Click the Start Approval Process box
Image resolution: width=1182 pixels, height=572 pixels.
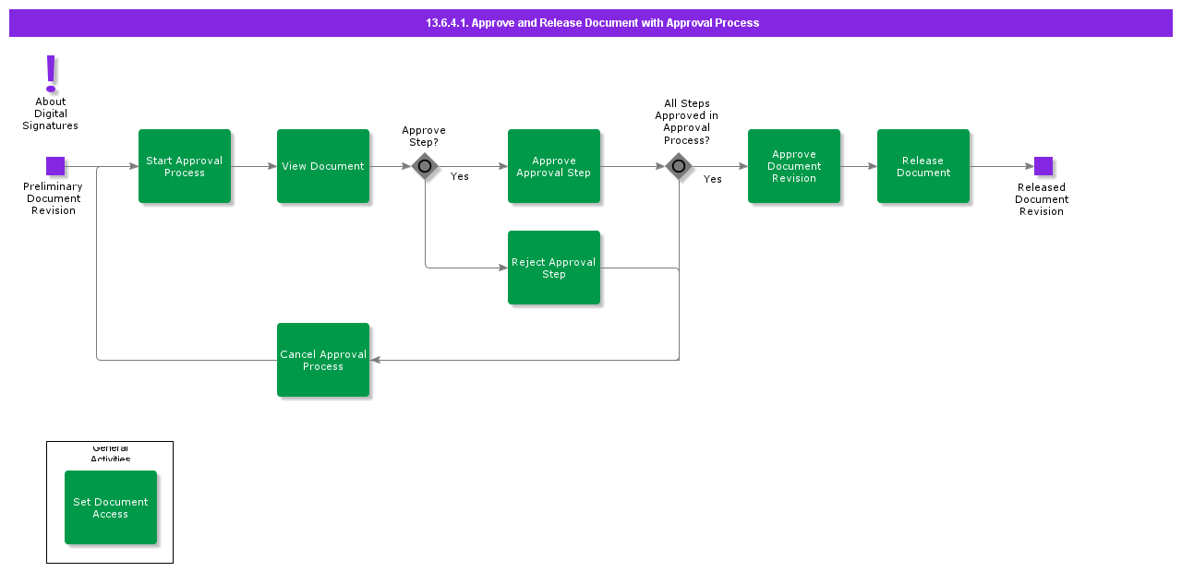click(x=185, y=166)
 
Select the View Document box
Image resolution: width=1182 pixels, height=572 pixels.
click(x=323, y=166)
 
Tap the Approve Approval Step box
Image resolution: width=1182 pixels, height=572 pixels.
click(x=554, y=166)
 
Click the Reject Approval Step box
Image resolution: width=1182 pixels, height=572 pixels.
click(x=554, y=268)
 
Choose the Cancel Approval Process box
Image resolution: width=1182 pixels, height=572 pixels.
click(x=323, y=360)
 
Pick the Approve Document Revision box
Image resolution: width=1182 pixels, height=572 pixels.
click(x=794, y=166)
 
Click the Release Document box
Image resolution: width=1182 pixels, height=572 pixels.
click(x=923, y=166)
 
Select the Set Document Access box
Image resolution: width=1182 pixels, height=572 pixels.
click(x=111, y=507)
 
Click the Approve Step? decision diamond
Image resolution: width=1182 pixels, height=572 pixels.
click(x=425, y=166)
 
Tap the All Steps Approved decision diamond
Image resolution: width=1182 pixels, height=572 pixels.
click(x=679, y=166)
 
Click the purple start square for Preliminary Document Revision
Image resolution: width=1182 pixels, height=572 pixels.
click(x=55, y=166)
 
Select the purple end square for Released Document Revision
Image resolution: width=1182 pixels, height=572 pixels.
click(x=1043, y=166)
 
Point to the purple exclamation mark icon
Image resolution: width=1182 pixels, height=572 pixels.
click(x=51, y=72)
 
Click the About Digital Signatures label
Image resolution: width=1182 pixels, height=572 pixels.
click(x=51, y=113)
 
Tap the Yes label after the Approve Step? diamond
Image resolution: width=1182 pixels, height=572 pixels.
click(x=460, y=176)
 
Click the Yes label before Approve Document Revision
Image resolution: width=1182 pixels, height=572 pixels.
click(x=713, y=179)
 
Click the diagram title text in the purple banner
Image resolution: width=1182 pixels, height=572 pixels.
click(x=592, y=23)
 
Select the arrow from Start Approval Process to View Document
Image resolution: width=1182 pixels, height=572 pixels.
click(x=254, y=166)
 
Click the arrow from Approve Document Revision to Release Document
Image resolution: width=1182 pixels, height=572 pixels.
click(x=859, y=166)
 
